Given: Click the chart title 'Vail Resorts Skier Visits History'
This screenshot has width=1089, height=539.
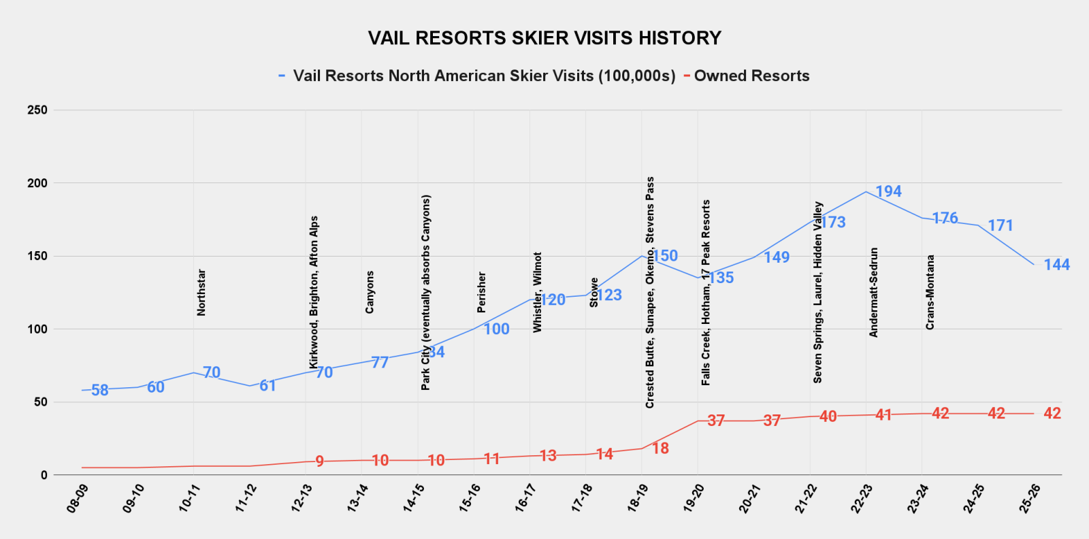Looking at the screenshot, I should [544, 38].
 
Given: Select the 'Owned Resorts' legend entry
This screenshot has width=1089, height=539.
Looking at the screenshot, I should [751, 76].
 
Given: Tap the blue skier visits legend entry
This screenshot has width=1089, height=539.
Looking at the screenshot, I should [484, 76].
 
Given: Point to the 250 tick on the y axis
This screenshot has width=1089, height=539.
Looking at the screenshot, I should [37, 110].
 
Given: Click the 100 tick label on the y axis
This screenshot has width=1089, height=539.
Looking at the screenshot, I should [37, 329].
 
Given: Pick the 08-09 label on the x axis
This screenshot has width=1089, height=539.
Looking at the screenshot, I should [76, 498].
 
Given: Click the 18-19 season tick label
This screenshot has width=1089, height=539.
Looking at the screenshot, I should [637, 498].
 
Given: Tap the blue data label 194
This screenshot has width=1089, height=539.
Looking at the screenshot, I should [888, 192].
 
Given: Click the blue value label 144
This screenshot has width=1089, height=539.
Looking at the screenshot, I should [1056, 265].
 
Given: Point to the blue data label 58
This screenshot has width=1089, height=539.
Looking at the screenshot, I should [100, 391].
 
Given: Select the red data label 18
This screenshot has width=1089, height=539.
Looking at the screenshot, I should [660, 448].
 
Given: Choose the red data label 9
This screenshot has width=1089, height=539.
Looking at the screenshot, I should [320, 462].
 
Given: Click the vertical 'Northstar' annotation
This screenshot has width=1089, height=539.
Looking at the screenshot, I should [201, 293].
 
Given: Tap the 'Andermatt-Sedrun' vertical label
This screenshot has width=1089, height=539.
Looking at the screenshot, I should [874, 293].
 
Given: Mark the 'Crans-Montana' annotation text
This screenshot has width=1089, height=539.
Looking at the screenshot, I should [930, 293].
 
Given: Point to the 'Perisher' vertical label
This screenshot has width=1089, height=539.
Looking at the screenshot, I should [482, 293].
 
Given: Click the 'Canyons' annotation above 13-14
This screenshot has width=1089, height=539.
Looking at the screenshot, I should [370, 293].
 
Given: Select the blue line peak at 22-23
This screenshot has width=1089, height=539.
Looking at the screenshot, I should [866, 192].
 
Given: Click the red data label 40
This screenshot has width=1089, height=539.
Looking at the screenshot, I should [828, 416].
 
